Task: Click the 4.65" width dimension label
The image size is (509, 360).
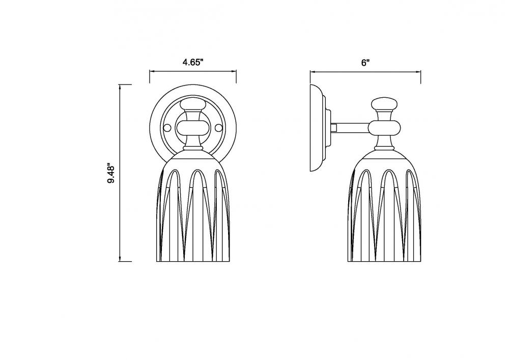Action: click(193, 63)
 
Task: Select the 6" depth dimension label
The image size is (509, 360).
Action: click(365, 63)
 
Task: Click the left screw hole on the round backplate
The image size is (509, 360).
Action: click(165, 126)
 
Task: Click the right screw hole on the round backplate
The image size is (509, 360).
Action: click(219, 126)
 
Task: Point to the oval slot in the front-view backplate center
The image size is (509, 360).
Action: click(193, 127)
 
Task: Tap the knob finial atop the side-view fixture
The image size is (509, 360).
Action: click(384, 105)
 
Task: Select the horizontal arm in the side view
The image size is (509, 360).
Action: click(351, 126)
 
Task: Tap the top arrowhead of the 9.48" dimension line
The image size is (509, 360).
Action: click(120, 86)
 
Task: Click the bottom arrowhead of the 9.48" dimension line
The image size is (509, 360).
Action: click(120, 260)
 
